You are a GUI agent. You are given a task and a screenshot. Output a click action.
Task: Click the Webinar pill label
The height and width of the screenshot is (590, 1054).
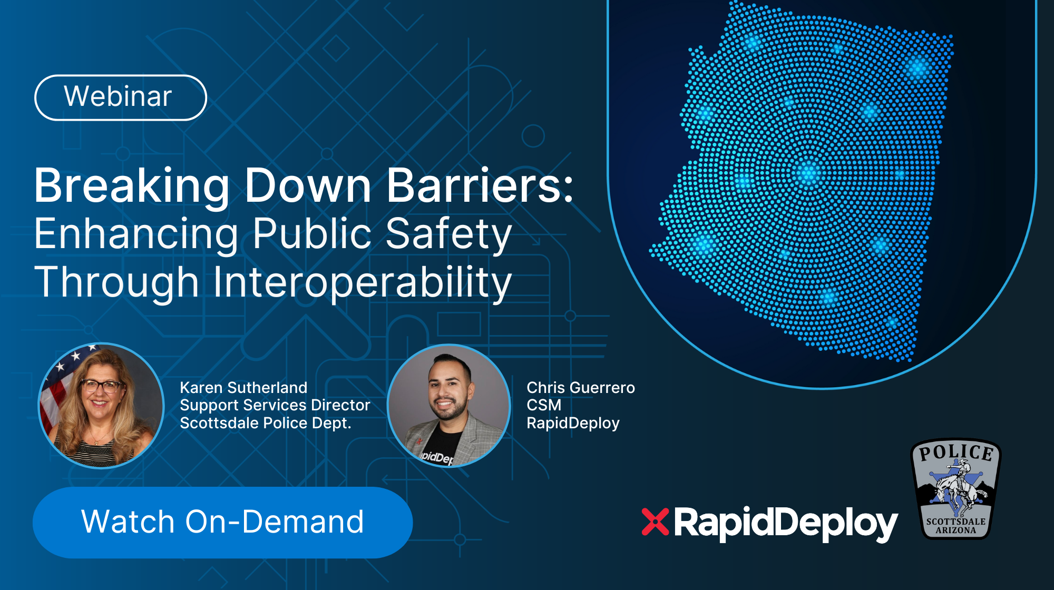pyautogui.click(x=121, y=97)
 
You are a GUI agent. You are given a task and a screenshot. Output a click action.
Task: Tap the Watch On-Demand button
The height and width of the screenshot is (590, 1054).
pyautogui.click(x=222, y=522)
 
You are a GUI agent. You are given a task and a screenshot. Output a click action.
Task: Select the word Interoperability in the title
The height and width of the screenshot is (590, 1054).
pyautogui.click(x=363, y=282)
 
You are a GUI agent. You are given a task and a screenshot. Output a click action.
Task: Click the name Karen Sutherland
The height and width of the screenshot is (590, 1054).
pyautogui.click(x=243, y=388)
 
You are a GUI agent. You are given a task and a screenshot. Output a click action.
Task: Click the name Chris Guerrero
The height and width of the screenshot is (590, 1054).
pyautogui.click(x=581, y=388)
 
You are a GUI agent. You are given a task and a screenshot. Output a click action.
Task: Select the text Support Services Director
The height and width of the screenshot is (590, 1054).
pyautogui.click(x=275, y=405)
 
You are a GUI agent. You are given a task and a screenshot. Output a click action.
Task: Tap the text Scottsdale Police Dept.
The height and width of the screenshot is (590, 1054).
pyautogui.click(x=266, y=423)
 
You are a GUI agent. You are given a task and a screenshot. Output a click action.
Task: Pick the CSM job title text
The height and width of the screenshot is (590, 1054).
pyautogui.click(x=544, y=405)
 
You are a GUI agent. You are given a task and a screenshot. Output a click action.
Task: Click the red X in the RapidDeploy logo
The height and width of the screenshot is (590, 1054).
pyautogui.click(x=655, y=522)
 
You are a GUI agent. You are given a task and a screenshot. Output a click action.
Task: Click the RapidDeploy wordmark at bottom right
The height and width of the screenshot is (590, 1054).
pyautogui.click(x=786, y=524)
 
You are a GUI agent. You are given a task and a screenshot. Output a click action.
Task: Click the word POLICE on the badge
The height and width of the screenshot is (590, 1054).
pyautogui.click(x=956, y=453)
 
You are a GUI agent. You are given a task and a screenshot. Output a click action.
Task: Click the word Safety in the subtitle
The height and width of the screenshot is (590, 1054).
pyautogui.click(x=448, y=234)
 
